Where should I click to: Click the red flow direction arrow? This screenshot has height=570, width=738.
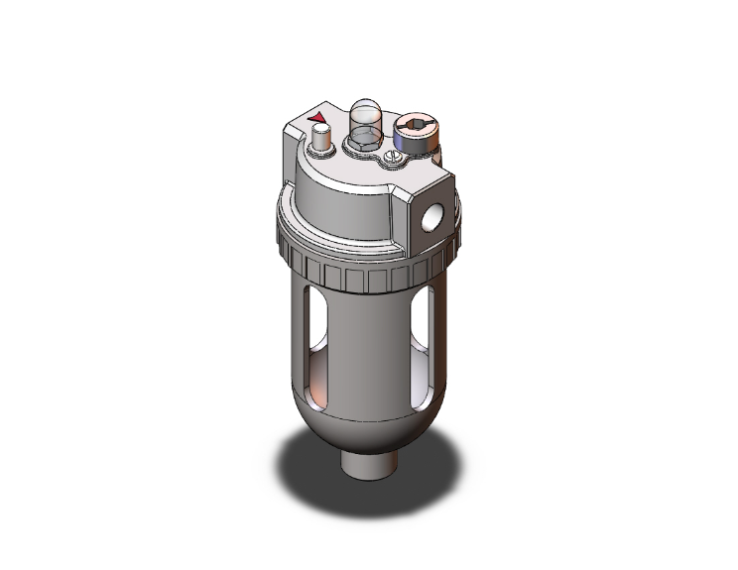point(319,120)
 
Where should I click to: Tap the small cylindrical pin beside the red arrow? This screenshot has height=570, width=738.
point(320,143)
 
